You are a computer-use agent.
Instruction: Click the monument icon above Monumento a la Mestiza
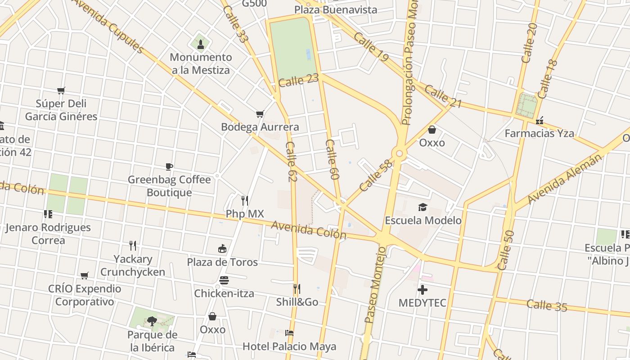pos(200,44)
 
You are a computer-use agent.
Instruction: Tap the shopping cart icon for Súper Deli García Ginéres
pos(61,90)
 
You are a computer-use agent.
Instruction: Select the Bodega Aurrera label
pos(260,127)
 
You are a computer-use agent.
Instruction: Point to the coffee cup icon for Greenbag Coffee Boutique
pos(169,166)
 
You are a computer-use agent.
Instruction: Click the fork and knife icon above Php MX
pos(245,200)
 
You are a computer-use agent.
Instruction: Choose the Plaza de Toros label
pos(222,262)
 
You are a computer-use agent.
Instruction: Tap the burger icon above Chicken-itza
pos(224,280)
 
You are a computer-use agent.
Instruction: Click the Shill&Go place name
pos(297,302)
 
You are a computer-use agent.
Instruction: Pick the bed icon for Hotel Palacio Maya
pos(289,333)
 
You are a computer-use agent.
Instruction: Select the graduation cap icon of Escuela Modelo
pos(423,207)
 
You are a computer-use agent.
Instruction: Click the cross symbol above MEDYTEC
pos(423,289)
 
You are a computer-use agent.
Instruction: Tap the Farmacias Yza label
pos(539,133)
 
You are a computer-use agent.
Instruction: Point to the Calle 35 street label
pos(546,306)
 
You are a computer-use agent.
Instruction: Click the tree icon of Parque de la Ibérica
pos(152,321)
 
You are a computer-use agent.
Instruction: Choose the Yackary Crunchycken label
pos(132,265)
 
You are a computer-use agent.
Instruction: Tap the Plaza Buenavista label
pos(336,9)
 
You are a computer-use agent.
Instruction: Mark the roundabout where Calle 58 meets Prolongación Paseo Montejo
pos(399,154)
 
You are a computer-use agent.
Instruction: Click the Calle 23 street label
pos(298,81)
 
